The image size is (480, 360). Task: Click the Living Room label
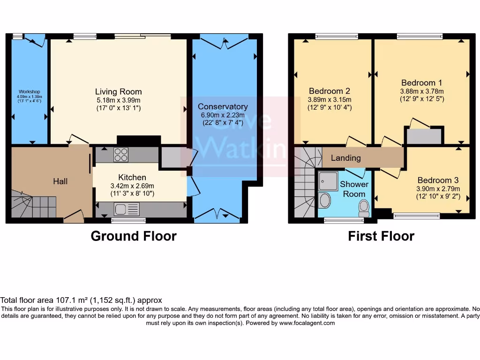pos(118,91)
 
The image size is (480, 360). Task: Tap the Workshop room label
pos(29,91)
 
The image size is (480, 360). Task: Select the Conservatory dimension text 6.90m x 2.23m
pos(223,115)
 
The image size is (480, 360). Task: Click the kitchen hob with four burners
pos(120,155)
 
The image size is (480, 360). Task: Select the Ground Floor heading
pos(134,236)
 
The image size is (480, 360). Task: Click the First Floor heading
pos(381,236)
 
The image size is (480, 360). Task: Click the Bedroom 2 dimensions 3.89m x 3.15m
pos(329,100)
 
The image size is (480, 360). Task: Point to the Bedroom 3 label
pos(438,180)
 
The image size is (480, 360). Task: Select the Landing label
pos(346,158)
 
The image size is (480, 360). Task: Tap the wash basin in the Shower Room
pos(324,200)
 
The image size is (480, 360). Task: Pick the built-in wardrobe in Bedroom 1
pos(424,136)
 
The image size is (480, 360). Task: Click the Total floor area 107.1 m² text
pos(81,300)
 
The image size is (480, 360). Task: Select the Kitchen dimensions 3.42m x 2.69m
pos(132,186)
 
